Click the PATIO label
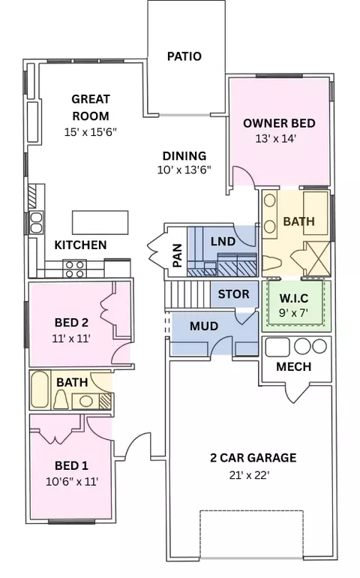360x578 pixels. tap(184, 56)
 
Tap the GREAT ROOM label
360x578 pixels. tap(91, 107)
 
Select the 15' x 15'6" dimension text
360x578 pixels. tap(91, 132)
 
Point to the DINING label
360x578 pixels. tap(184, 156)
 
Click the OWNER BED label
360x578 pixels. tap(280, 123)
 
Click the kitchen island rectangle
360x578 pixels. tap(100, 222)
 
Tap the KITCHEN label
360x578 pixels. tap(80, 245)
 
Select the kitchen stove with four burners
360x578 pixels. tap(73, 266)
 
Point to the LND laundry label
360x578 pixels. tap(223, 242)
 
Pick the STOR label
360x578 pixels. tap(233, 294)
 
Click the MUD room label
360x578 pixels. tap(204, 327)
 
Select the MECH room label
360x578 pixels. tap(294, 368)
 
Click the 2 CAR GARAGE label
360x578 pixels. tap(252, 458)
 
